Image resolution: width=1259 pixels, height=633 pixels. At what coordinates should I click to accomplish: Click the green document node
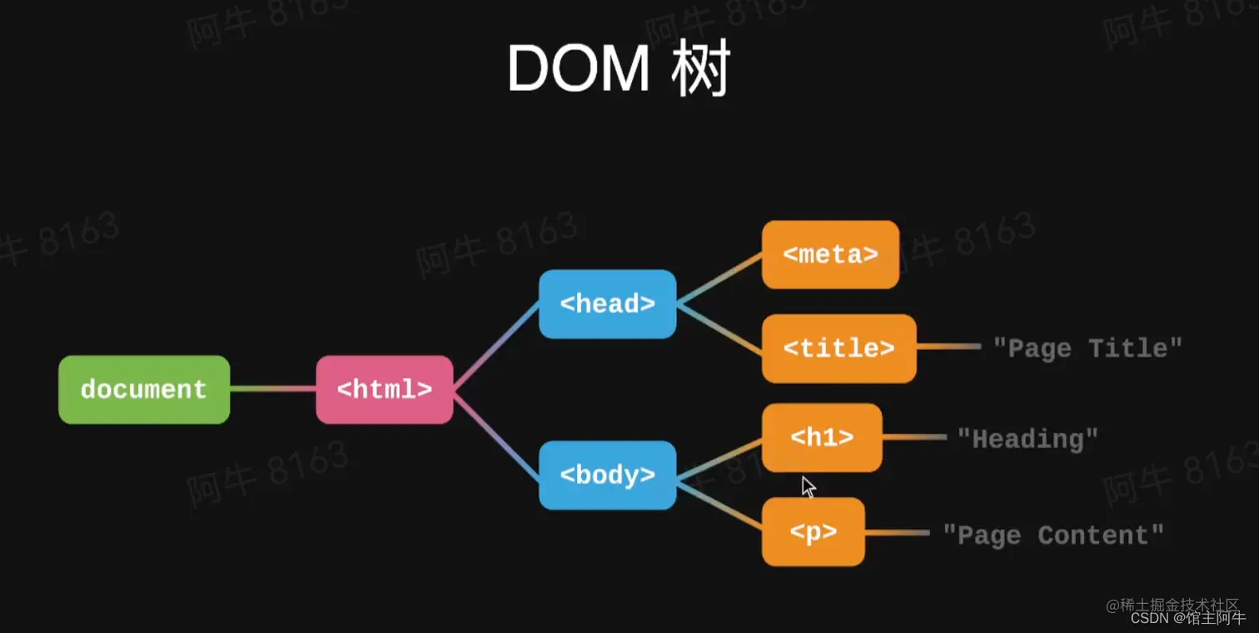[144, 390]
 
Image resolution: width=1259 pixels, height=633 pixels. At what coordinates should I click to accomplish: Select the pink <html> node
[385, 390]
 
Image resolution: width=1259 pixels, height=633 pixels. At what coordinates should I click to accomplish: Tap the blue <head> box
[607, 304]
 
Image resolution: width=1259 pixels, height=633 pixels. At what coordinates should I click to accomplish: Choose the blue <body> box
[607, 475]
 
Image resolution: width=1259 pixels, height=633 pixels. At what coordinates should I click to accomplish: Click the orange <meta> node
[830, 255]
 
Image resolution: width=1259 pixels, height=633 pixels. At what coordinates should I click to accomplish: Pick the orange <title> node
[839, 348]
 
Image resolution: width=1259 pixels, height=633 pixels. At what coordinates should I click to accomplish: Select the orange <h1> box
[821, 438]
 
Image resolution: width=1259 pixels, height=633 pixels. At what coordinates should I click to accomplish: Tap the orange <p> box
[813, 532]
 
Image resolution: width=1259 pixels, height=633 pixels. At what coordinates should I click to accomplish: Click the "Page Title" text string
[1087, 348]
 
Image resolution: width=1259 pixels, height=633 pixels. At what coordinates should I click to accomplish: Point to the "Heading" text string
[1028, 438]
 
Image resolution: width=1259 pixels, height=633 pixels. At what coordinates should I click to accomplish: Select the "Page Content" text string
[1052, 535]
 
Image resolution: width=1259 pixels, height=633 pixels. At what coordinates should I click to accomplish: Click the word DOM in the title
[577, 68]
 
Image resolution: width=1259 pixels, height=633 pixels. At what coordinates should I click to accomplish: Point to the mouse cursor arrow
[808, 486]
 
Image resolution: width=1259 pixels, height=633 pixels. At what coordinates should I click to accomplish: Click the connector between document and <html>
[272, 389]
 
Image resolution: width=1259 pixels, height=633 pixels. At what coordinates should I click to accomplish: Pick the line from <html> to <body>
[496, 433]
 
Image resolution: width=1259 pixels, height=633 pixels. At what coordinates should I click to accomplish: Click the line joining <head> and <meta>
[719, 279]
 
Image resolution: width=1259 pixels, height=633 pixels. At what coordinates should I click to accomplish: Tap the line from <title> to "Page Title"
[948, 347]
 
